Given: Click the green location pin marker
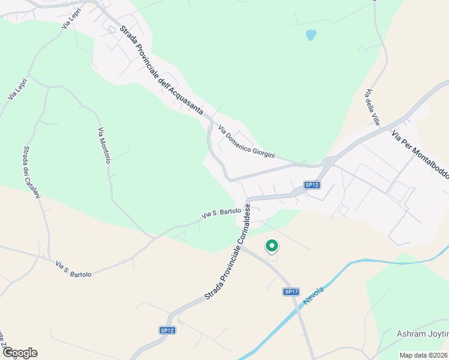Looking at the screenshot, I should (271, 245).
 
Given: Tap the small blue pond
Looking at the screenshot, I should (310, 35).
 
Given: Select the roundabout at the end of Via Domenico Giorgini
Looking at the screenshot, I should (328, 161).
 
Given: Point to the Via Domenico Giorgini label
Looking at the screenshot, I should (246, 142).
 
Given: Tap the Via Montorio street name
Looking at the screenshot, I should (104, 145).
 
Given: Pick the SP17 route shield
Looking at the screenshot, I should (291, 292).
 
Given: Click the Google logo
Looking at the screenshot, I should (20, 353).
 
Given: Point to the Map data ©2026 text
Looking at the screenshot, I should (424, 355).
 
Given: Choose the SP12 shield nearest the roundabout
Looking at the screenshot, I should (311, 185).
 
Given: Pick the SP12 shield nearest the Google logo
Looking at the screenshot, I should (167, 330).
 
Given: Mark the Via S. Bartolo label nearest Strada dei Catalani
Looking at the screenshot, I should (73, 268).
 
